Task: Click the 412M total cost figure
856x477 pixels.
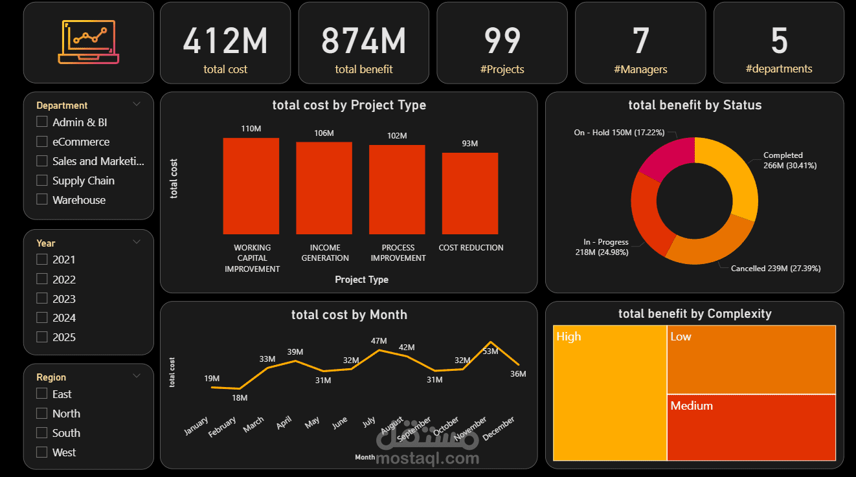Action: point(225,41)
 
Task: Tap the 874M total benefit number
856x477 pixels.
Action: point(363,41)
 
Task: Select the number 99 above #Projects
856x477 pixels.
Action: point(502,41)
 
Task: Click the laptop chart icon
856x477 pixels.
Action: point(89,43)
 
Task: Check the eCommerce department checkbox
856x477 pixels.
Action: point(42,141)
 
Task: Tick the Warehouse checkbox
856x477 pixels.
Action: point(42,199)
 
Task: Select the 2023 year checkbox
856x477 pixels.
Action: point(42,298)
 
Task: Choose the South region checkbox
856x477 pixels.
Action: point(42,432)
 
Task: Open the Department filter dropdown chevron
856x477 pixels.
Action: point(137,104)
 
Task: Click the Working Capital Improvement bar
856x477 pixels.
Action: point(251,186)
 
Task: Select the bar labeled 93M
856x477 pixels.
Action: point(470,193)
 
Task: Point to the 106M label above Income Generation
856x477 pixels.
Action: point(324,133)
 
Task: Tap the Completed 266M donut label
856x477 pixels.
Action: point(789,161)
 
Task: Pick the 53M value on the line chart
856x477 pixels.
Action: point(490,351)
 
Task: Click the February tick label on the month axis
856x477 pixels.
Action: point(223,428)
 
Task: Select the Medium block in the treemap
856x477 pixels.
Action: point(751,427)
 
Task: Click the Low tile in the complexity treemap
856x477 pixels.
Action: point(751,359)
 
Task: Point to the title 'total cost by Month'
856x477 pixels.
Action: point(349,315)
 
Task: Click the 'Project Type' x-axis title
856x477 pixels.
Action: point(361,280)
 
